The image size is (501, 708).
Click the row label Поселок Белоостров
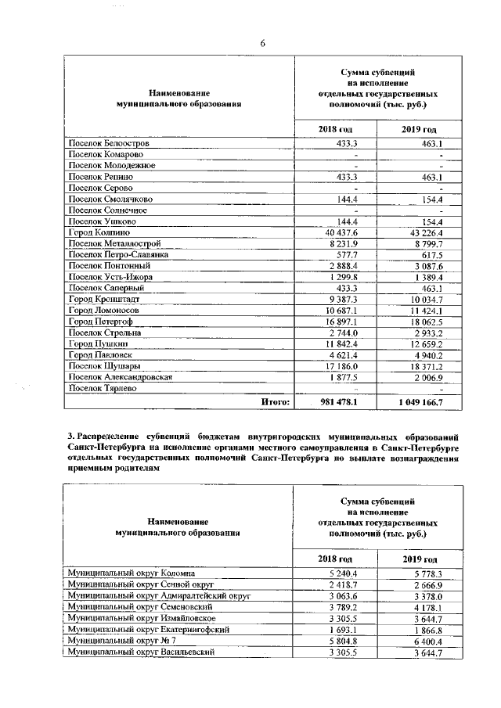coord(109,144)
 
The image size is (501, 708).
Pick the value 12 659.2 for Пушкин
coord(423,344)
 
